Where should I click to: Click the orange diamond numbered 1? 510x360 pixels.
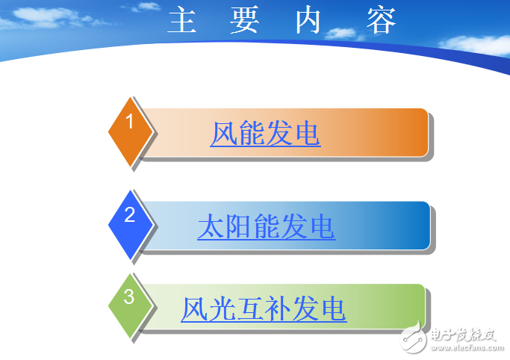(x=130, y=131)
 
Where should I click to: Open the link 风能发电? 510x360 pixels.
(x=265, y=134)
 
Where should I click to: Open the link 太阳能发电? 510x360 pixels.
(x=266, y=227)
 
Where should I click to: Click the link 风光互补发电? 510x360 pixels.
(x=264, y=308)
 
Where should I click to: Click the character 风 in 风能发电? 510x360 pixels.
(x=223, y=134)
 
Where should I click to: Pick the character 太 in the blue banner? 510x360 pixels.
(x=211, y=227)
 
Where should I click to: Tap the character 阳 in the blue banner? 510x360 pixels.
(x=238, y=227)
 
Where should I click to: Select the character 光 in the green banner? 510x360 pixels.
(x=222, y=308)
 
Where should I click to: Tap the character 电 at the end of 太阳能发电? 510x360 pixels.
(x=322, y=227)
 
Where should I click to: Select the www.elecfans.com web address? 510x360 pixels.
(x=462, y=347)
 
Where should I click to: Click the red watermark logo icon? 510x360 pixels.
(x=412, y=339)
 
